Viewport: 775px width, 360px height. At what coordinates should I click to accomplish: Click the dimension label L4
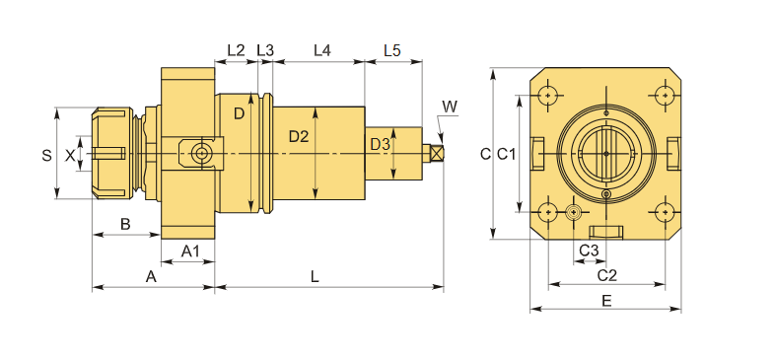click(x=321, y=50)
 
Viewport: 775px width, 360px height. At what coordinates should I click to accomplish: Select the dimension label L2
click(x=236, y=50)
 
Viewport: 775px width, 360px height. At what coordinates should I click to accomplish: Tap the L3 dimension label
click(x=265, y=50)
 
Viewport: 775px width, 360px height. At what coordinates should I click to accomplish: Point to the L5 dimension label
click(x=392, y=50)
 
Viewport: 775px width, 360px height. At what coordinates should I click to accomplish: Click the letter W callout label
click(x=450, y=107)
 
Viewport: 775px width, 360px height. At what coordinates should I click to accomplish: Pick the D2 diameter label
click(x=299, y=136)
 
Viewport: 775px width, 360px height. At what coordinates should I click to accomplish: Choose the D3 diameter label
click(x=380, y=145)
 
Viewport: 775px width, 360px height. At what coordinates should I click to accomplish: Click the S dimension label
click(x=46, y=156)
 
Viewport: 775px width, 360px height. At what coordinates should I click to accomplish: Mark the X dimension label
click(x=70, y=156)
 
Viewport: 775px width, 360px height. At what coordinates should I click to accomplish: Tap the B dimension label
click(x=125, y=224)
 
